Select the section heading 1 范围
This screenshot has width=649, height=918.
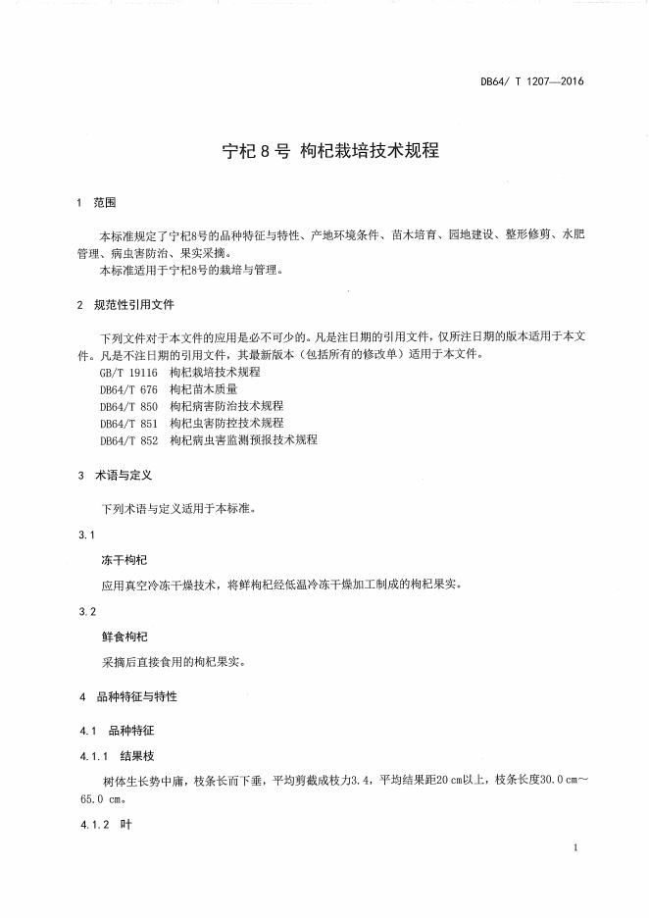[97, 203]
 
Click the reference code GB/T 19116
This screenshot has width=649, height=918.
[127, 373]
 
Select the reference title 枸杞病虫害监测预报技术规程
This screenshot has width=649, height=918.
[243, 439]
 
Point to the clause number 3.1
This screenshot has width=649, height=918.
[86, 535]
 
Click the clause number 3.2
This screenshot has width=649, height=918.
[86, 613]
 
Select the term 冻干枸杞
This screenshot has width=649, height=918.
[125, 559]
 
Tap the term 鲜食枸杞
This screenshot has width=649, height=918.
[125, 637]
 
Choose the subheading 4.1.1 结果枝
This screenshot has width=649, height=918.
[116, 756]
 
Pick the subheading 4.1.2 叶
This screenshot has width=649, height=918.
[105, 826]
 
